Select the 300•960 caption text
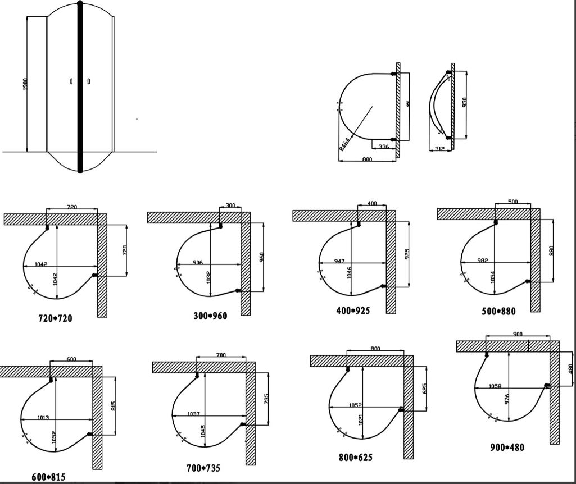[206, 316]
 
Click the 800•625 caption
[356, 458]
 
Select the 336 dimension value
[384, 147]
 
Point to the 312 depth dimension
[440, 149]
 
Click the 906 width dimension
[197, 263]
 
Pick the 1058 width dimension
[495, 386]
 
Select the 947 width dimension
[338, 261]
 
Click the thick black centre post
[80, 87]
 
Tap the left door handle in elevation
[71, 82]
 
